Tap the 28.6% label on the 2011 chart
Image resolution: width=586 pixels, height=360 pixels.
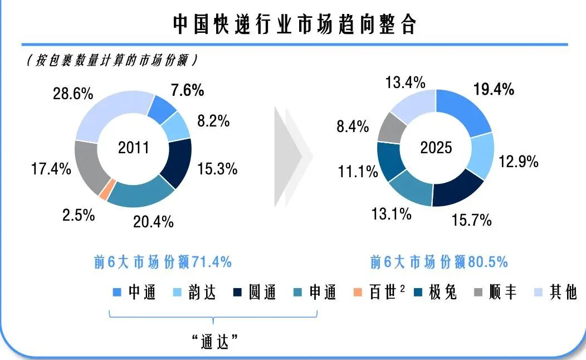coord(72,93)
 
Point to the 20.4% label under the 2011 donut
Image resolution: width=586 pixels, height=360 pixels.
coord(153,222)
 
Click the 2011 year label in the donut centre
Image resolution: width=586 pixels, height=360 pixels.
coord(134,148)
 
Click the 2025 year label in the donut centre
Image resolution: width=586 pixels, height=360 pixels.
coord(436,148)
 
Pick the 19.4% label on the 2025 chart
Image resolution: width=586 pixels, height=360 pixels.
coord(494,89)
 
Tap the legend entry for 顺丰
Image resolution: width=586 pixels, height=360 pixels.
coord(495,292)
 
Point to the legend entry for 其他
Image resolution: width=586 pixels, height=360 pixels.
coord(556,292)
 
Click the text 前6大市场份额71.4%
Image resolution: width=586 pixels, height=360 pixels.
coord(163,262)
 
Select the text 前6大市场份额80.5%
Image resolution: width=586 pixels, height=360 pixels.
coord(439,262)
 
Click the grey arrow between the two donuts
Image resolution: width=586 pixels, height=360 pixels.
coord(292,158)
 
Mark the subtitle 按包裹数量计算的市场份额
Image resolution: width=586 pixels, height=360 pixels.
coord(112,61)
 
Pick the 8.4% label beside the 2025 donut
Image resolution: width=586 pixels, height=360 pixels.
coord(353,127)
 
